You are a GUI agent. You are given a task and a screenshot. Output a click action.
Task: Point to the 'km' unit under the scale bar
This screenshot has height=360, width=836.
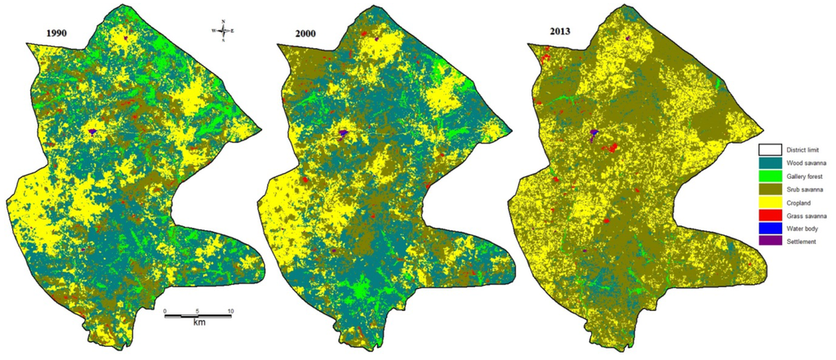(x=198, y=322)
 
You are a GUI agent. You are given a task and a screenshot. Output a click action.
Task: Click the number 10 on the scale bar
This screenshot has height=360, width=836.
(x=231, y=312)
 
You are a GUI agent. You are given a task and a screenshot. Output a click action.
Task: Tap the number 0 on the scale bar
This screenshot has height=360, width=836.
(x=166, y=312)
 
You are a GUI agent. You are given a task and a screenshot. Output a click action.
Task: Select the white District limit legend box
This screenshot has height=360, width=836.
(x=769, y=149)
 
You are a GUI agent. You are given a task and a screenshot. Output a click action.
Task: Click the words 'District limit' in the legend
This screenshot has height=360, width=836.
(x=805, y=149)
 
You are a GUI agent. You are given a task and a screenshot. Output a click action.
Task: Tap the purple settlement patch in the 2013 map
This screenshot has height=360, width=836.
(x=594, y=135)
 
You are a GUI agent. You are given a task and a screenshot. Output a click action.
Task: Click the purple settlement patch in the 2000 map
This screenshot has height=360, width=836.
(x=344, y=132)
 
